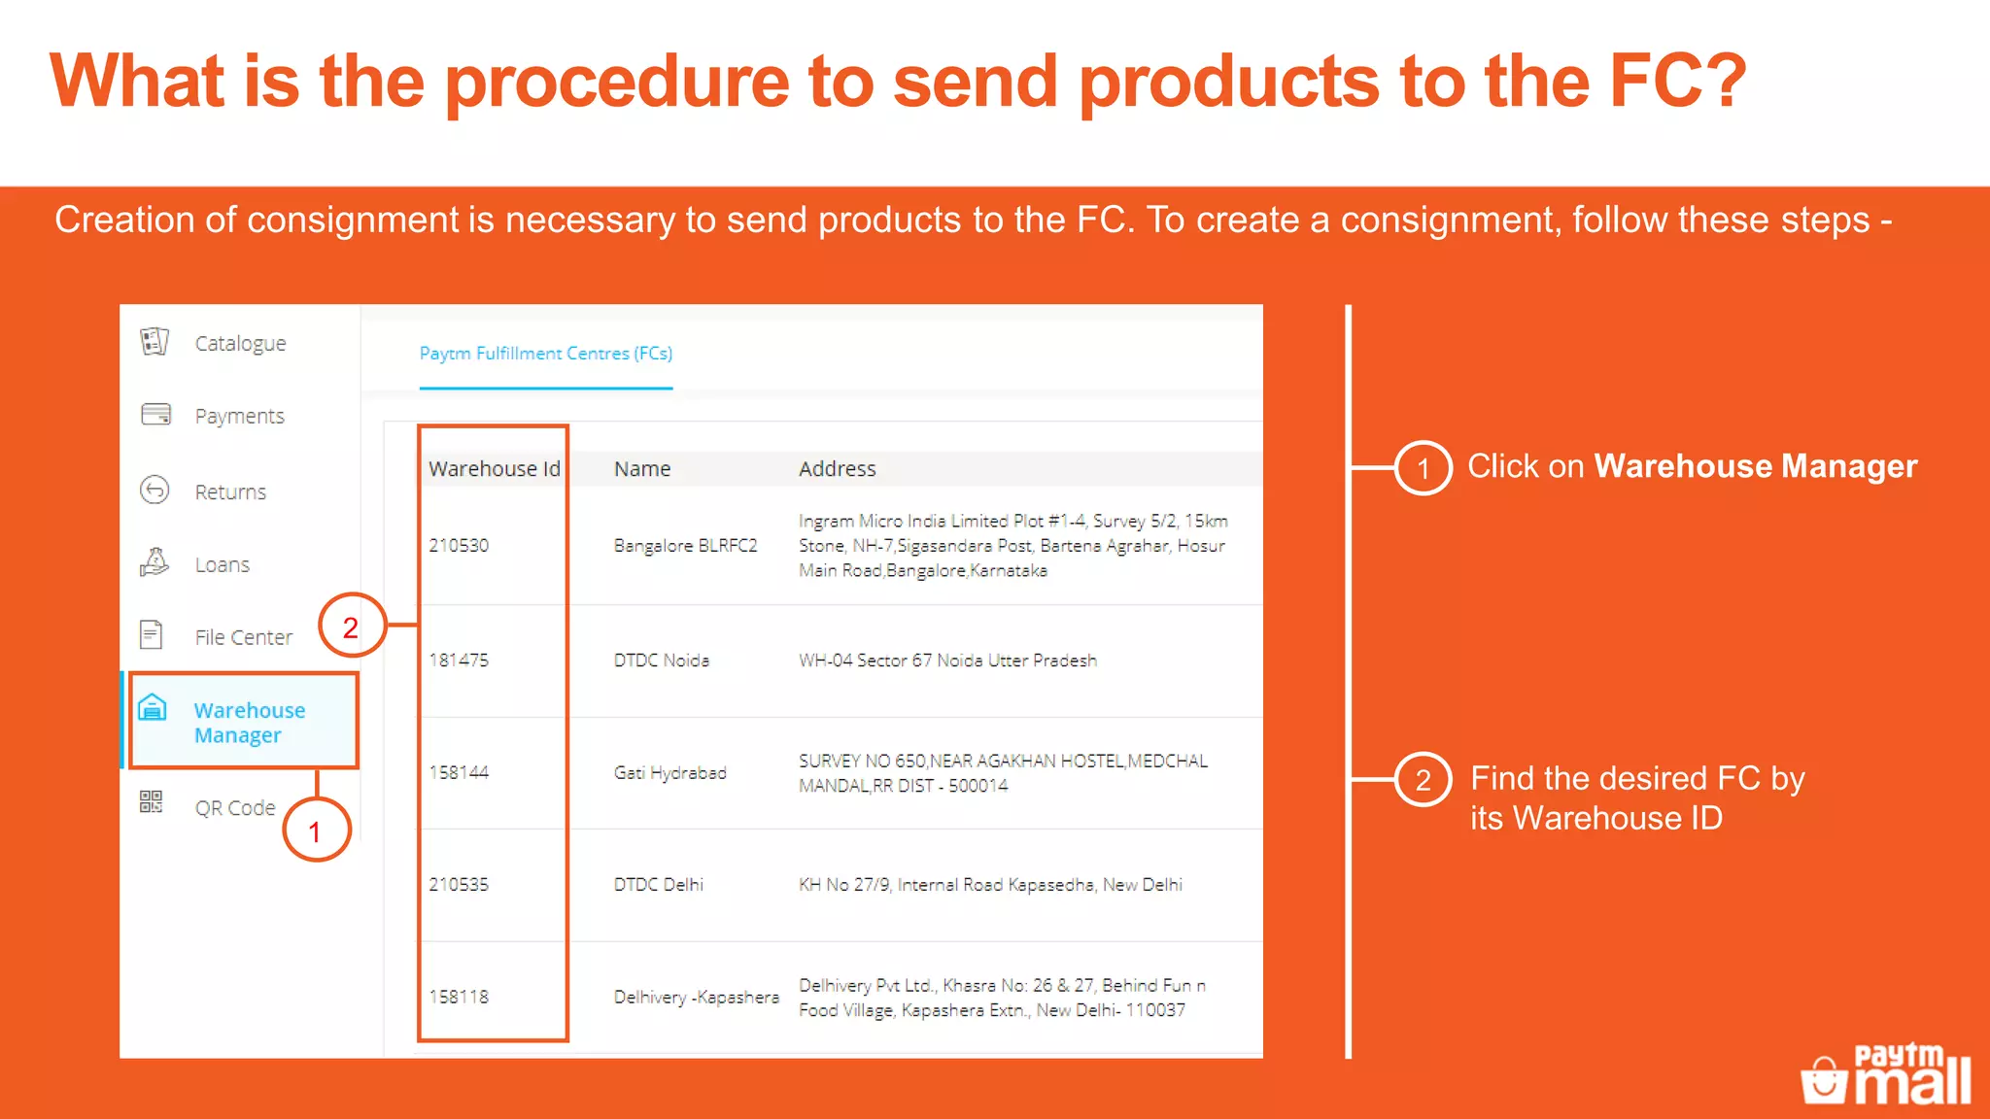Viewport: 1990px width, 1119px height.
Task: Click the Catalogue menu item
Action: [x=239, y=344]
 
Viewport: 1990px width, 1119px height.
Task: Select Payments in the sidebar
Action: [x=239, y=417]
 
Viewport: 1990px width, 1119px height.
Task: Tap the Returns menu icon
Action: [x=154, y=490]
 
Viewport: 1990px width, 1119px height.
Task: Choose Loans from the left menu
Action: [x=222, y=565]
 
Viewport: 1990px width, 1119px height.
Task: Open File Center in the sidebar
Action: [x=243, y=637]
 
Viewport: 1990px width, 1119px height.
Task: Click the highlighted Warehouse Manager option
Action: [x=249, y=723]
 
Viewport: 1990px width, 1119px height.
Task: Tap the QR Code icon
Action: [x=151, y=802]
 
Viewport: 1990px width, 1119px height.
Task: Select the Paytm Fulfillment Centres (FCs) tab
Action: [x=545, y=354]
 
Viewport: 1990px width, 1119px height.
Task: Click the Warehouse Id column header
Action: [x=494, y=469]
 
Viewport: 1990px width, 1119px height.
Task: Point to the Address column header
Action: [x=837, y=469]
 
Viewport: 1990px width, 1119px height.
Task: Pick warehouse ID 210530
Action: [x=459, y=546]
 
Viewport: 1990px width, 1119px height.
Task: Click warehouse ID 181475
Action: [x=459, y=661]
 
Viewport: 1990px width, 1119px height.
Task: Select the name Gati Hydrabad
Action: [x=669, y=773]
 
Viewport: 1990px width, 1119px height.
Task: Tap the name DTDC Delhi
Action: [x=658, y=885]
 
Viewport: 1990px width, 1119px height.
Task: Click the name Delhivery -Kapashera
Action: [x=696, y=998]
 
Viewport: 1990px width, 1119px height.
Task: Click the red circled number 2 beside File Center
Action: [x=351, y=627]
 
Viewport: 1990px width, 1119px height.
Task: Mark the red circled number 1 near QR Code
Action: [x=315, y=831]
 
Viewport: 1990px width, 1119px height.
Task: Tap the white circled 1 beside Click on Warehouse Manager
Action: [x=1423, y=468]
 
